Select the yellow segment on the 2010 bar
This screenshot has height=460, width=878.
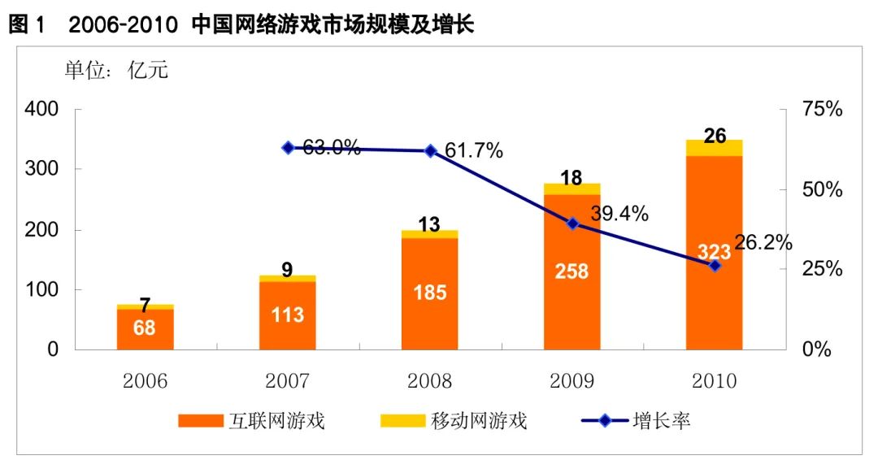click(715, 148)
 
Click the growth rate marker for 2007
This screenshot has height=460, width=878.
click(288, 148)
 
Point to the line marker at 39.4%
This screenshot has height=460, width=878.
click(572, 223)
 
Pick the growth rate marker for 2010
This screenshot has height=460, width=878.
click(715, 266)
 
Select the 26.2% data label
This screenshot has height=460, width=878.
click(763, 242)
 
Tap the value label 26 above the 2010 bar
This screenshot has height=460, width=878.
click(715, 136)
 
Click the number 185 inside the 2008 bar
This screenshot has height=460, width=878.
click(429, 292)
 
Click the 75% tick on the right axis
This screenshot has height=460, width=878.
click(821, 110)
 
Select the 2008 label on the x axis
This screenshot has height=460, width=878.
click(429, 380)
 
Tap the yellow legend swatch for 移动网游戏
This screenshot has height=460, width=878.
click(402, 421)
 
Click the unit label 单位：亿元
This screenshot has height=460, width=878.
click(116, 71)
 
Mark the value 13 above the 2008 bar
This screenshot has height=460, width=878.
click(429, 223)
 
